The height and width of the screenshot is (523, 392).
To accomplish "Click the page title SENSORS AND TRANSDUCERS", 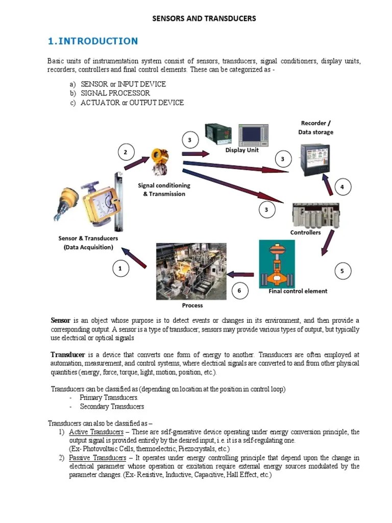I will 204,19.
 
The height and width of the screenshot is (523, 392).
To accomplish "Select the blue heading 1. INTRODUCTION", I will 92,41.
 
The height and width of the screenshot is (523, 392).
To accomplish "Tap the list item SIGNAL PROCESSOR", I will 115,93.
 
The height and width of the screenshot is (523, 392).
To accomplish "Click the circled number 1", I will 120,268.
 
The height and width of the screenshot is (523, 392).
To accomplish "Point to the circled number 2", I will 126,152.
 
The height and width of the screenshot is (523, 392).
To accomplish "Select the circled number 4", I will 342,187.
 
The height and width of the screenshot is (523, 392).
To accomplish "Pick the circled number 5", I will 342,271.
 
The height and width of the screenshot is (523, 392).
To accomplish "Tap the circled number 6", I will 239,291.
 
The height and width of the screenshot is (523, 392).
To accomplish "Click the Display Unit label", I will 242,150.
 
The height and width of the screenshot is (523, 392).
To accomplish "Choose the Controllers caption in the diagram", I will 305,232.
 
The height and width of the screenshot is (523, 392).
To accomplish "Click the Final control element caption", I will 298,291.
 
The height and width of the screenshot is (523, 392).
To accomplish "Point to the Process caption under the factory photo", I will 192,305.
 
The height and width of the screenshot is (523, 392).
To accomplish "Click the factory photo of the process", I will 191,271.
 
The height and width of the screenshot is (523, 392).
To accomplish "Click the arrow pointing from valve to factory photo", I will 240,274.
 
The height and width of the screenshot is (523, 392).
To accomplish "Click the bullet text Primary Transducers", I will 109,397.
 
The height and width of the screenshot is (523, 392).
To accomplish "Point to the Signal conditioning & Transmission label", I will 164,189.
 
